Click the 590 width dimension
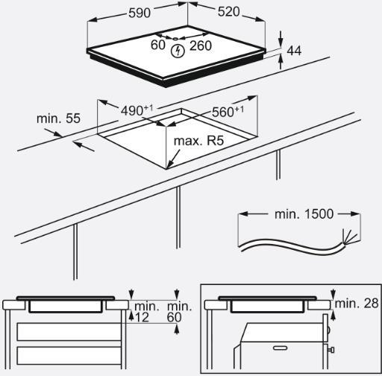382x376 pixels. pyautogui.click(x=140, y=13)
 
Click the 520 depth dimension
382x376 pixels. pyautogui.click(x=229, y=12)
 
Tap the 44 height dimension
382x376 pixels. pyautogui.click(x=294, y=51)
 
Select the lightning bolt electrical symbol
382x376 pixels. pyautogui.click(x=178, y=51)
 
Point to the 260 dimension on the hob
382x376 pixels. pyautogui.click(x=201, y=46)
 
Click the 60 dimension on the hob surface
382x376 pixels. pyautogui.click(x=158, y=45)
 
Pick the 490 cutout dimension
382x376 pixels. pyautogui.click(x=137, y=110)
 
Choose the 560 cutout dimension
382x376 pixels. pyautogui.click(x=228, y=112)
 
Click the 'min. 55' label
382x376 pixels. pyautogui.click(x=58, y=119)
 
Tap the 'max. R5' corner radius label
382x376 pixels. pyautogui.click(x=198, y=141)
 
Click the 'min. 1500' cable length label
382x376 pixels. pyautogui.click(x=304, y=214)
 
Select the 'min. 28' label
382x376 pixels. pyautogui.click(x=357, y=304)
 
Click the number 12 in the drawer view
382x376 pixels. pyautogui.click(x=142, y=317)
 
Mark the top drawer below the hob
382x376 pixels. pyautogui.click(x=69, y=332)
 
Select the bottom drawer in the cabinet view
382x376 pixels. pyautogui.click(x=69, y=356)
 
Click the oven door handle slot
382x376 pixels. pyautogui.click(x=281, y=348)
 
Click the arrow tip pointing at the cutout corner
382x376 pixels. pyautogui.click(x=166, y=168)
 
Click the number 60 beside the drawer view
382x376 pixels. pyautogui.click(x=174, y=317)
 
